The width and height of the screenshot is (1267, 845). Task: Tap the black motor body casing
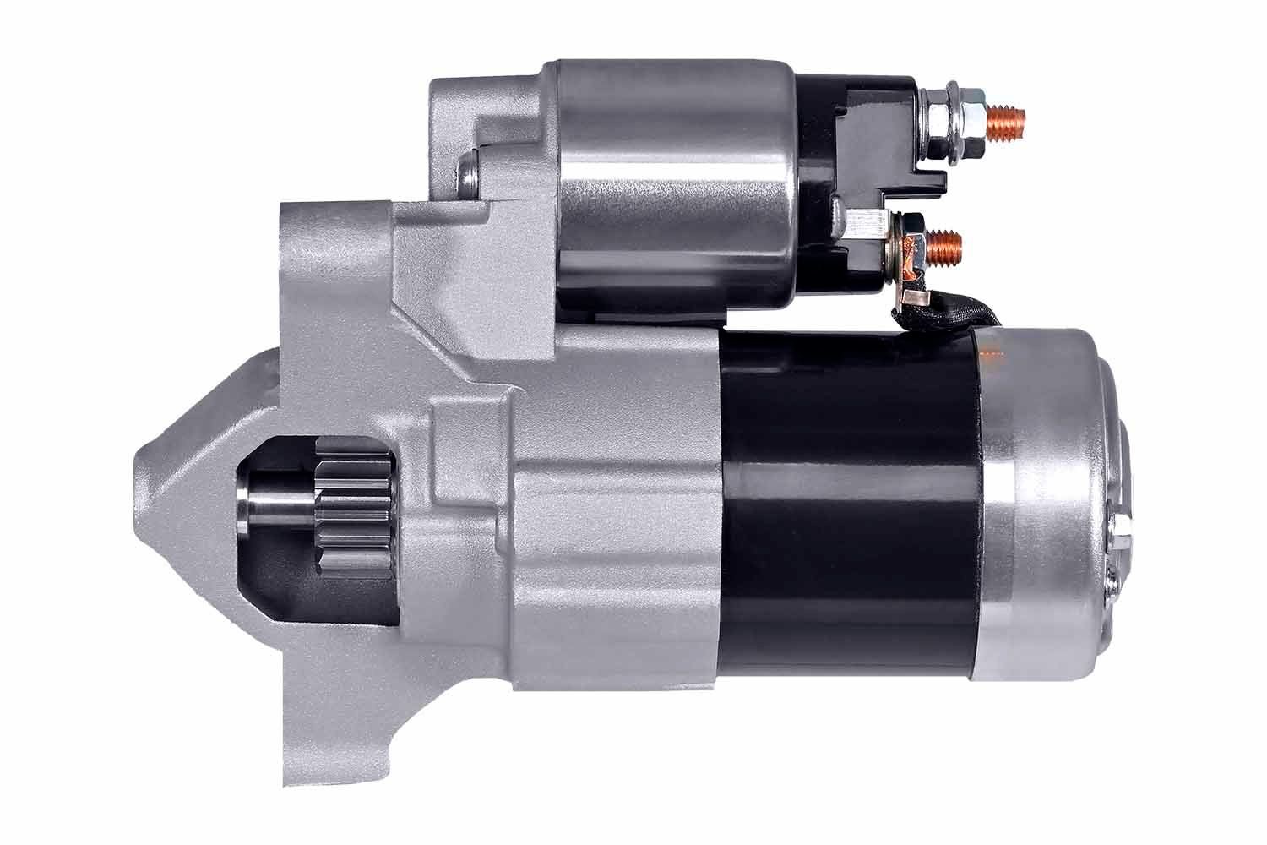pos(845,507)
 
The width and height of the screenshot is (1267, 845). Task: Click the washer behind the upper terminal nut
pos(939,125)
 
